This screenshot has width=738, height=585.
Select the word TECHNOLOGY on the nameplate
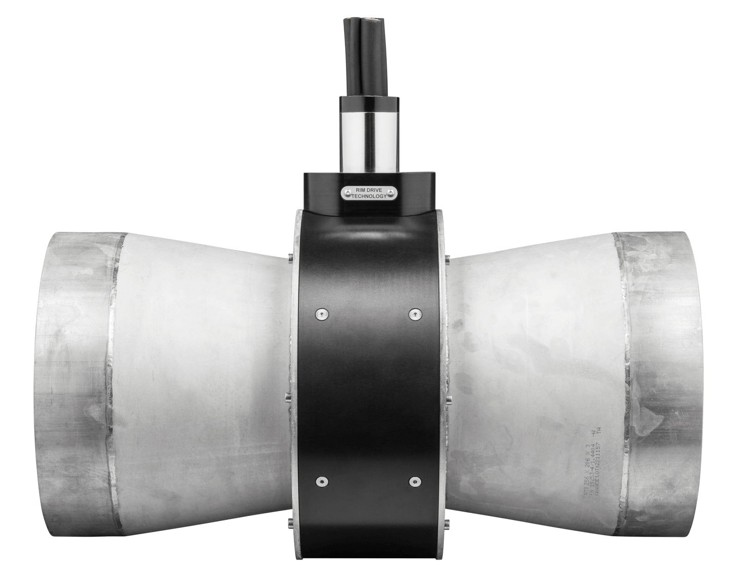(x=369, y=196)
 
